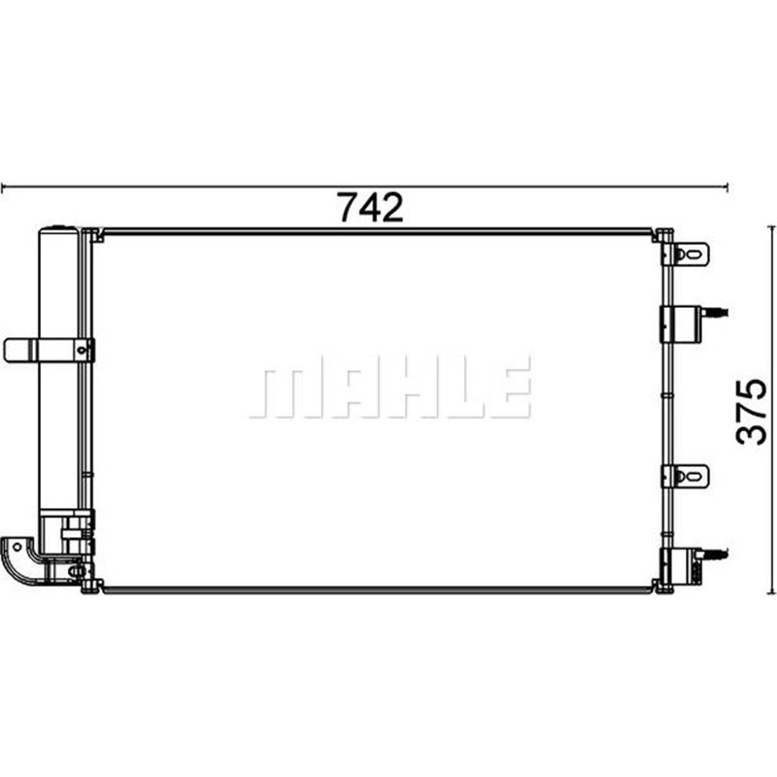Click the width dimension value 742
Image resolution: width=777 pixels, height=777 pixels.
pos(369,207)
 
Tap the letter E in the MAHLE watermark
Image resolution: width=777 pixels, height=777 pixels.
pos(511,387)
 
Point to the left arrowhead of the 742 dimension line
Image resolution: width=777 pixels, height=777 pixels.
pos(6,186)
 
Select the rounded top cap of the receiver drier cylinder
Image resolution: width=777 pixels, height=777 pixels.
pos(57,232)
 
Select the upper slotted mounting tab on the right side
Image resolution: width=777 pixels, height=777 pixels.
pos(691,254)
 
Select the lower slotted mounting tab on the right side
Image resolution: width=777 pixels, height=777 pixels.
pos(691,476)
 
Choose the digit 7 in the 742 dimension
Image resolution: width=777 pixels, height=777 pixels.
pos(347,207)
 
